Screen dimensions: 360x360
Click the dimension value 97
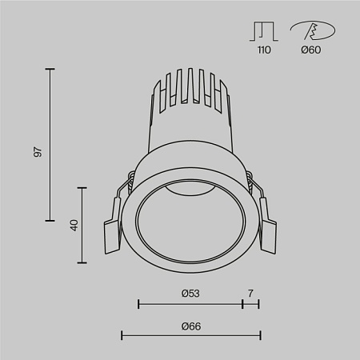click(38, 151)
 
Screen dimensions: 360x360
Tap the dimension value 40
click(73, 224)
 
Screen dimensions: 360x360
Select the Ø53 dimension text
click(190, 294)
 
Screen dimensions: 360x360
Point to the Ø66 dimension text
click(190, 325)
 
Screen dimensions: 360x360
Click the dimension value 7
click(250, 294)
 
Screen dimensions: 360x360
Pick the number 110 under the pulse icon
click(264, 50)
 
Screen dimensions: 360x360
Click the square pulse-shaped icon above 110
click(264, 31)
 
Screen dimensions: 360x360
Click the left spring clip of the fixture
click(114, 228)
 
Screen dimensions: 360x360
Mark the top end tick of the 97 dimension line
click(50, 70)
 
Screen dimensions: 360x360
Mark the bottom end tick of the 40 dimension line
click(83, 262)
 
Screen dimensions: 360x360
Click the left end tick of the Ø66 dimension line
click(122, 335)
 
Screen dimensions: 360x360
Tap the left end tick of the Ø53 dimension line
click(139, 304)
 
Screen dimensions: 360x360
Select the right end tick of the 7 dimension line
click(258, 304)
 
